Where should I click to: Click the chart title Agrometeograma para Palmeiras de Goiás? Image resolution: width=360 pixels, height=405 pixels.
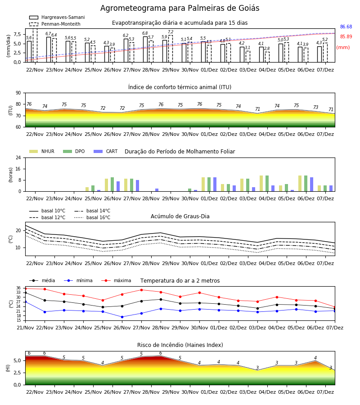180,8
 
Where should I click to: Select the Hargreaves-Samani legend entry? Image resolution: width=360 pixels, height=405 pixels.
57,17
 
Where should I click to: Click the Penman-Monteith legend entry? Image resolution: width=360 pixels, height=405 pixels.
55,24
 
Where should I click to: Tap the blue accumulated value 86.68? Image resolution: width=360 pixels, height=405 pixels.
346,27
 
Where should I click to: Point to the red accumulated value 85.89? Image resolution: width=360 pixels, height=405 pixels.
346,37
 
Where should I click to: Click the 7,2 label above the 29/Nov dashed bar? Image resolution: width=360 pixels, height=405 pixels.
171,32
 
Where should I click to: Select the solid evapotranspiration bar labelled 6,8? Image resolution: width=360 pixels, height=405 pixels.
145,49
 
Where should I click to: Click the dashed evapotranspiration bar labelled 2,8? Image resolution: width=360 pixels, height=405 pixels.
267,57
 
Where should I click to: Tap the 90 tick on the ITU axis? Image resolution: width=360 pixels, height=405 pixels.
18,93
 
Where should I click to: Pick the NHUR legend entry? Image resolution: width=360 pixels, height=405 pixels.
42,151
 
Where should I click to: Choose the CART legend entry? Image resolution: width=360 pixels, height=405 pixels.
106,151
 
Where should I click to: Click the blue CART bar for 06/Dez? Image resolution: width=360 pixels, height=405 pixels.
312,184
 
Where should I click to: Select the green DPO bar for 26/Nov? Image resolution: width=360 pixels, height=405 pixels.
112,184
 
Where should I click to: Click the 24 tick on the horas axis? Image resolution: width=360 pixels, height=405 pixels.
18,157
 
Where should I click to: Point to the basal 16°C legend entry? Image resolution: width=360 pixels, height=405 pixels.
92,217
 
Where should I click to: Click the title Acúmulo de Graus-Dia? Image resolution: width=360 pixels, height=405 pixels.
180,216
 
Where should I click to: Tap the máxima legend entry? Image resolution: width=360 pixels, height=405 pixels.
116,280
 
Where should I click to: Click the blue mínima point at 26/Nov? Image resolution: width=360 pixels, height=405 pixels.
122,317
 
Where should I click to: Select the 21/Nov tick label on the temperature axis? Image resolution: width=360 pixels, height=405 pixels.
25,328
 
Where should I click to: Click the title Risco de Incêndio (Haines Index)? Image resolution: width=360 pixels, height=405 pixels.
180,345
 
